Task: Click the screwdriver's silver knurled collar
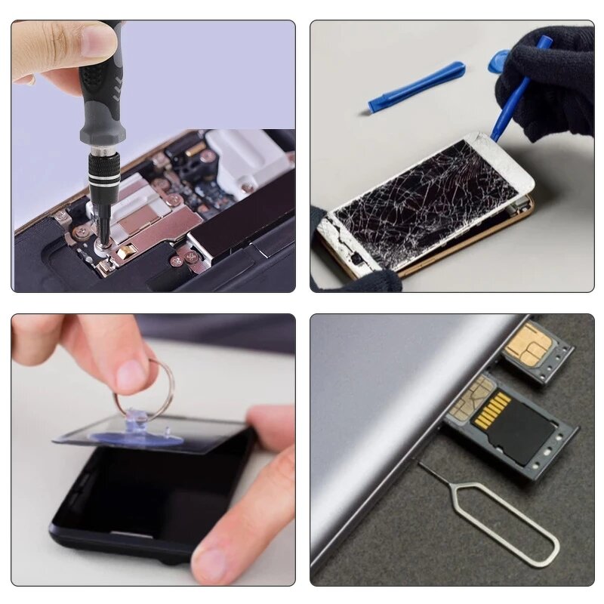pyautogui.click(x=103, y=169)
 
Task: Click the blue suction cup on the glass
pyautogui.click(x=136, y=436)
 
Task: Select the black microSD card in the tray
pyautogui.click(x=521, y=435)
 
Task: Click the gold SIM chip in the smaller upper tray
pyautogui.click(x=528, y=344)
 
